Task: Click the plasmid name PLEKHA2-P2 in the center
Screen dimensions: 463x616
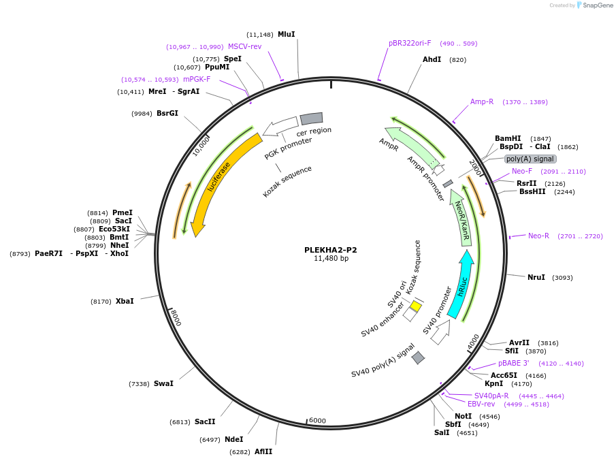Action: pos(330,250)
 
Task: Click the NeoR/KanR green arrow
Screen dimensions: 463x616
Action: pos(462,218)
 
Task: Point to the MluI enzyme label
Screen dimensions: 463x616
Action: pos(286,34)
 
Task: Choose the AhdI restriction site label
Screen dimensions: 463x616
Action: pos(432,59)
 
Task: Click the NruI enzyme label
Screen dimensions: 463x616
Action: pos(536,277)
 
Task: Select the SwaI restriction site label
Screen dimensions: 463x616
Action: pos(163,383)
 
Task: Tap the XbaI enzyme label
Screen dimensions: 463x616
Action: pos(125,300)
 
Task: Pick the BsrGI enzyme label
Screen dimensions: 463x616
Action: pos(167,113)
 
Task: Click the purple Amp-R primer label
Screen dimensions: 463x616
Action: pos(482,101)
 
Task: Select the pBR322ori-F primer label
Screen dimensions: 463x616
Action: pos(410,43)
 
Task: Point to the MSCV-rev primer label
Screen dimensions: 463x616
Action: pos(244,46)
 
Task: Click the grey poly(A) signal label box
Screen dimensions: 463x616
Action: pos(530,159)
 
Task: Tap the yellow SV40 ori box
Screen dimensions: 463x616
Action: pos(415,307)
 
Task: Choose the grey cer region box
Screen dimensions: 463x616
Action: pos(311,118)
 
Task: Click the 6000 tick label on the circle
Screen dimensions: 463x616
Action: pos(317,420)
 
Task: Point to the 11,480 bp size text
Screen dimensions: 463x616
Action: pos(331,259)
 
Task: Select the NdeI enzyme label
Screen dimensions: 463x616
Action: pos(233,439)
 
